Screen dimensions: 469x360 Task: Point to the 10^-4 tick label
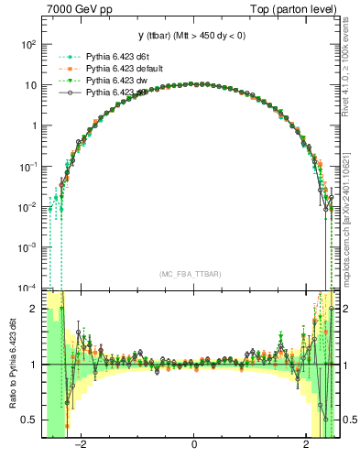tap(28, 289)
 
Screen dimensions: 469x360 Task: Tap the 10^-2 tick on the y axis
tap(28, 207)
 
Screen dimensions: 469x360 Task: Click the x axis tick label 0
tap(194, 446)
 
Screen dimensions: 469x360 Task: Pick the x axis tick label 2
tap(307, 446)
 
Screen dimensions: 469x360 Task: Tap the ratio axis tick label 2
tap(35, 310)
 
